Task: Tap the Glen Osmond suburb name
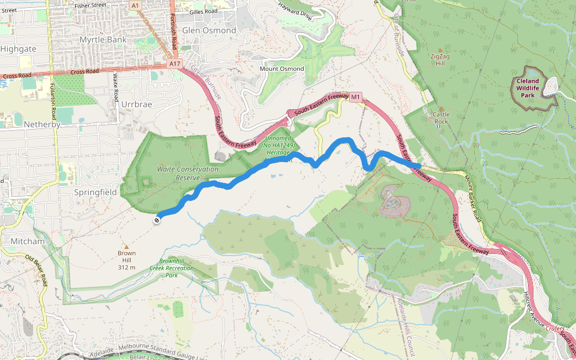point(209,30)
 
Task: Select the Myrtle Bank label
point(103,40)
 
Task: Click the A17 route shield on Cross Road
point(175,64)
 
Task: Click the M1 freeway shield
point(356,96)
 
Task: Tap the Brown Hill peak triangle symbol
point(126,247)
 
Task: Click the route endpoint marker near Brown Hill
point(157,220)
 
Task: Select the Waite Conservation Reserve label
point(188,173)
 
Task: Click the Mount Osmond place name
point(281,69)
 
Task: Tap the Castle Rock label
point(441,118)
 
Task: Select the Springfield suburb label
point(95,192)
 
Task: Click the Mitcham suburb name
point(28,241)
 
